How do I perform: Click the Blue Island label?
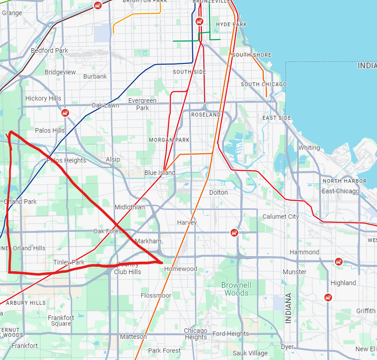(160, 173)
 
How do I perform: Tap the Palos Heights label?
(66, 160)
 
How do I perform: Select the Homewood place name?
(181, 269)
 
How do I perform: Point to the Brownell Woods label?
(237, 289)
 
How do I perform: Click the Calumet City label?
(280, 216)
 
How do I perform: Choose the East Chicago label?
(341, 191)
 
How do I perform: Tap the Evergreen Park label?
(143, 104)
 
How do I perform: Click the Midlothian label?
(130, 207)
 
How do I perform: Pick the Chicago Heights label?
(196, 334)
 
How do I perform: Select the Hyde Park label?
(231, 24)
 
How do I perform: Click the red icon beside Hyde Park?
(199, 21)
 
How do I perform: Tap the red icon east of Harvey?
(234, 232)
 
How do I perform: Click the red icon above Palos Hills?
(65, 113)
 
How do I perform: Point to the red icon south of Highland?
(328, 297)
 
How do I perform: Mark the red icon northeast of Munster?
(338, 261)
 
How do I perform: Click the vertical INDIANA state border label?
(288, 308)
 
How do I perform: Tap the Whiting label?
(309, 148)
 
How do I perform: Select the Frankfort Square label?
(61, 321)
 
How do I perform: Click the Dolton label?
(218, 192)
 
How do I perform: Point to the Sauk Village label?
(250, 353)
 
